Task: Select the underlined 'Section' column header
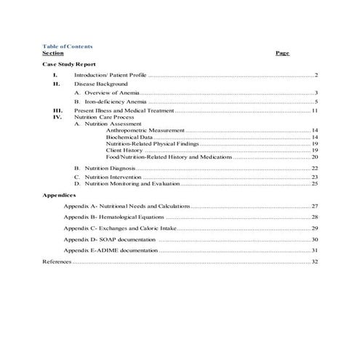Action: (x=53, y=53)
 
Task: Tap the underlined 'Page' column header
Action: (x=283, y=53)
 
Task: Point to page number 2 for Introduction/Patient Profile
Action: (x=317, y=76)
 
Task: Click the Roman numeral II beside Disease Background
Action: (x=55, y=84)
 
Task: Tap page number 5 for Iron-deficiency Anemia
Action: (x=317, y=103)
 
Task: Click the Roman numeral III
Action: (x=56, y=111)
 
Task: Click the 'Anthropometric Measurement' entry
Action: (x=145, y=130)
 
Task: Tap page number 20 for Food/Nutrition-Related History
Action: (x=315, y=157)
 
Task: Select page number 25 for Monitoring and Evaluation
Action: (x=315, y=184)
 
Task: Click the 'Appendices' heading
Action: (x=59, y=196)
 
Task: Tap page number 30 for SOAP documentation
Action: (x=315, y=239)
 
